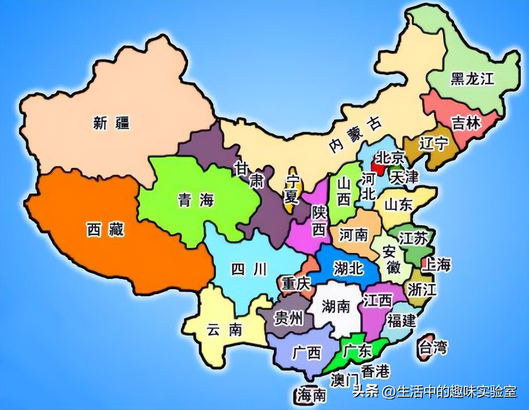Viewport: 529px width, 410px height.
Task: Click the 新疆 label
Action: (111, 123)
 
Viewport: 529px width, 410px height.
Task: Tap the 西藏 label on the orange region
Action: (105, 229)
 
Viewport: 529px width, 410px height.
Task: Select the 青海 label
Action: (196, 200)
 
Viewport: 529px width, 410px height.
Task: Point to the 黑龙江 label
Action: (472, 79)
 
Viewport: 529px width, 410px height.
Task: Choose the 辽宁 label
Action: (433, 144)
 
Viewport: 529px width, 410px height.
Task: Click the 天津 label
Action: (404, 177)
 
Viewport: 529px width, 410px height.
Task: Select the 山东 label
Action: (398, 205)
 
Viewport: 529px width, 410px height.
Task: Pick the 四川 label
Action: (249, 269)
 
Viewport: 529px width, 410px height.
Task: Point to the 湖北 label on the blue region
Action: (349, 268)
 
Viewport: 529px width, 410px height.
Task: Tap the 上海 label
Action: (436, 265)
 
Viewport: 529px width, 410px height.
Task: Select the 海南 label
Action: (312, 395)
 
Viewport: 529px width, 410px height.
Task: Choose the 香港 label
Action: (375, 371)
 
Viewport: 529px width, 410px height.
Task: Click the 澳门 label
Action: (344, 380)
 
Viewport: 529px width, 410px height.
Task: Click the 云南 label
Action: (224, 330)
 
